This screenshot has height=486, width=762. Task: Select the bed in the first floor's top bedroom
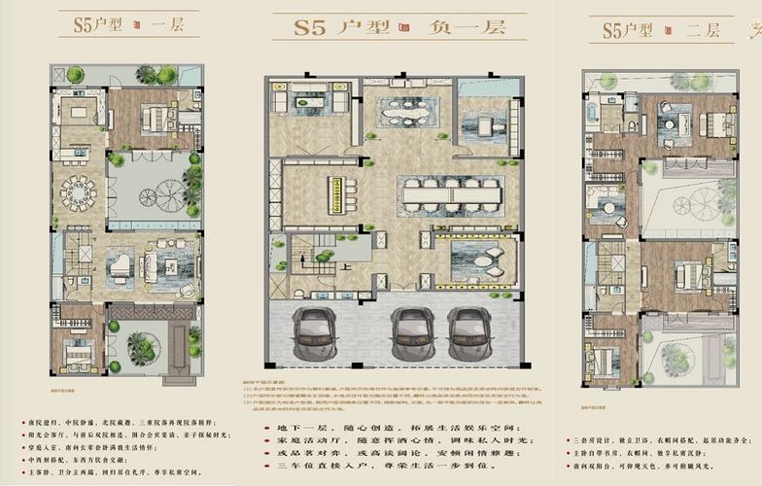tap(156, 119)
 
